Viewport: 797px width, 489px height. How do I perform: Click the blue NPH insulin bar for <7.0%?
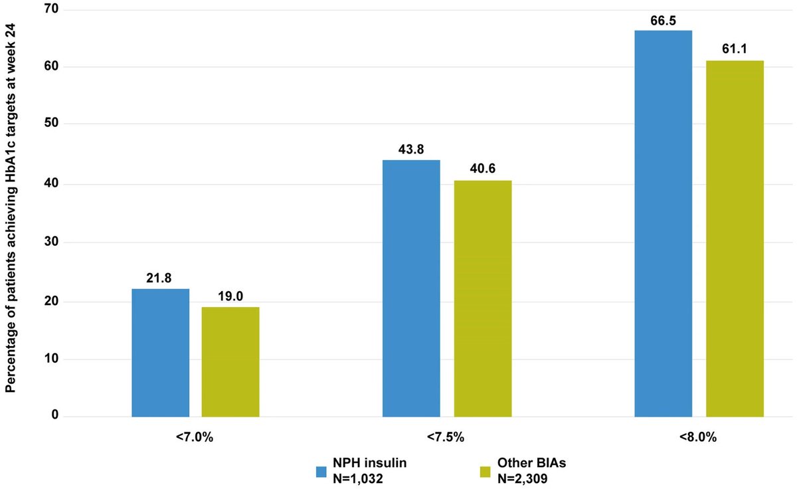160,353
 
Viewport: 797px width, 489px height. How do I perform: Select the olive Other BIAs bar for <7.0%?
230,362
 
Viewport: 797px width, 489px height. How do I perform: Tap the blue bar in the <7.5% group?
411,288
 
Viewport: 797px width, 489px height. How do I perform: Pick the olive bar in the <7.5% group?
482,298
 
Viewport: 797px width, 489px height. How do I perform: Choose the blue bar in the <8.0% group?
663,224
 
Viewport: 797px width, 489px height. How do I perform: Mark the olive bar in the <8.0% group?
734,239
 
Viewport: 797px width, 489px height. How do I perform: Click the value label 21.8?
160,280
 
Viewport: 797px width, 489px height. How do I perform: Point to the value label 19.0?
230,298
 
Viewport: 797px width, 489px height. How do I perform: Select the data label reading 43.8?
411,151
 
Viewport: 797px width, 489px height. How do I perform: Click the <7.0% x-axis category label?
195,438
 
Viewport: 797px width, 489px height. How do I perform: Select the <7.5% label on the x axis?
446,438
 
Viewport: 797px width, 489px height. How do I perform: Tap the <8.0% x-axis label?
699,438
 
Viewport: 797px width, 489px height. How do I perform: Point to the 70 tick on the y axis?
51,10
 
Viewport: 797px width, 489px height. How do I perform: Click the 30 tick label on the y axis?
51,243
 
